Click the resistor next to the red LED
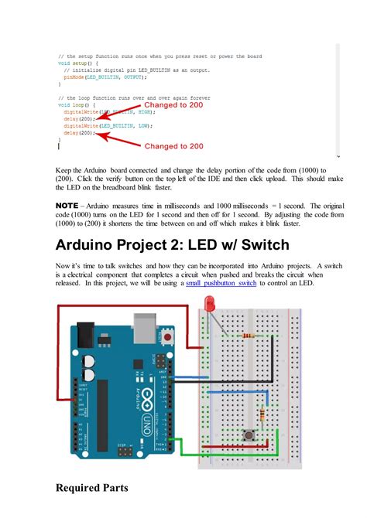click(x=248, y=336)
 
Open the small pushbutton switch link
click(x=221, y=284)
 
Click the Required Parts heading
click(x=91, y=488)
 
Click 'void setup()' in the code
click(x=77, y=63)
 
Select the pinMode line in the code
click(x=105, y=77)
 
